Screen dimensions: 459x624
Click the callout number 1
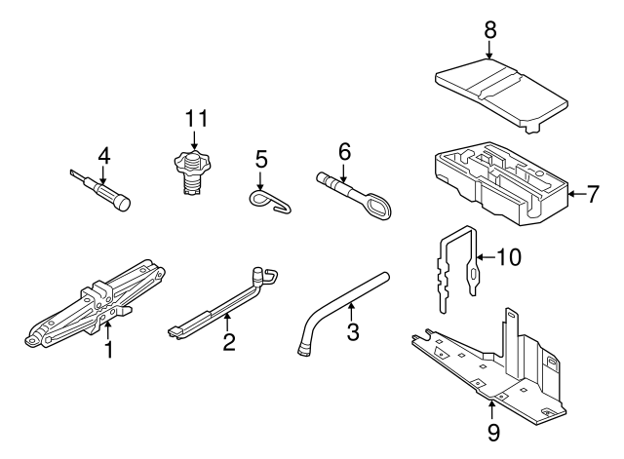[109, 345]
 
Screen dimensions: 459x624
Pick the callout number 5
[260, 158]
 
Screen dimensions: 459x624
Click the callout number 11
[197, 120]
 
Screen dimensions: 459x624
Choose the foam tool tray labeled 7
[497, 182]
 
